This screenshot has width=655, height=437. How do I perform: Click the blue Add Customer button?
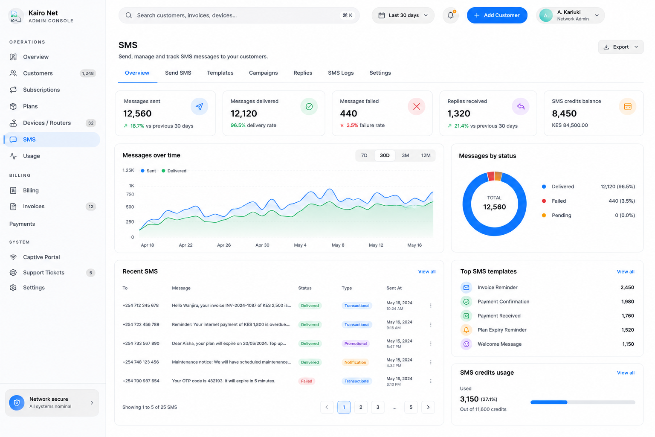[x=497, y=15]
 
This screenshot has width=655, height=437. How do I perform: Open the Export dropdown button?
[x=620, y=47]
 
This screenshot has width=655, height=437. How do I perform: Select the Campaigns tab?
[x=263, y=73]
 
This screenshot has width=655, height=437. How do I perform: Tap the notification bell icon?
[x=451, y=15]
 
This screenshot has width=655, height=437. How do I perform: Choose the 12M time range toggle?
[x=426, y=155]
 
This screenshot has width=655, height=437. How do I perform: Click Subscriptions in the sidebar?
[x=41, y=90]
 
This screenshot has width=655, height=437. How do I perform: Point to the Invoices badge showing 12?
[x=91, y=207]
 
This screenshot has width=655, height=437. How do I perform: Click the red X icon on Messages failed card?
[x=416, y=107]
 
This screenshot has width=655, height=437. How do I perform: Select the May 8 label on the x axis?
[x=338, y=245]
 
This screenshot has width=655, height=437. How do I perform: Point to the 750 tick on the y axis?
[x=130, y=194]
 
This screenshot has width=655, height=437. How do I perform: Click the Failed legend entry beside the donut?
[x=559, y=201]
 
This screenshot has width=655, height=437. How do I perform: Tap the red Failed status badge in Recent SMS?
[x=307, y=381]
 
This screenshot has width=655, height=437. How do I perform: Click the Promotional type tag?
[x=355, y=344]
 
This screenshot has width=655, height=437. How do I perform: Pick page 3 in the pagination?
[x=377, y=407]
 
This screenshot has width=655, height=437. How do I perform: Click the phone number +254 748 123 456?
[x=141, y=362]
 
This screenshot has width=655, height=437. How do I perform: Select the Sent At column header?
[x=394, y=288]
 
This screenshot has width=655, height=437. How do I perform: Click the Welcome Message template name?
[x=499, y=344]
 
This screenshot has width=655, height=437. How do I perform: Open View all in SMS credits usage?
[x=626, y=373]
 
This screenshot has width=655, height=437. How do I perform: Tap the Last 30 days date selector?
[x=403, y=15]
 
